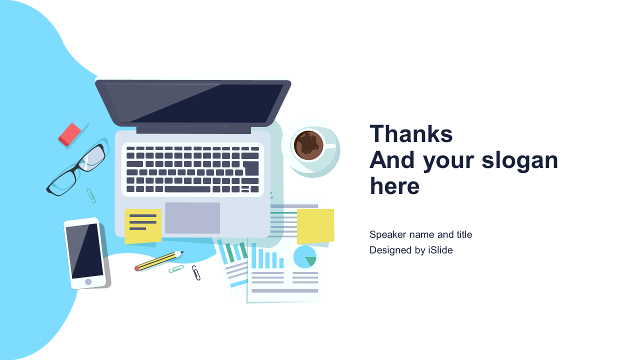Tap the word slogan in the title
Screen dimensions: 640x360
(519, 161)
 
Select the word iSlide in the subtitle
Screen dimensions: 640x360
(440, 250)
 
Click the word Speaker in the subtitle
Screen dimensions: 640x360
(387, 234)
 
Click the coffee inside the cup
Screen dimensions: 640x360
(308, 145)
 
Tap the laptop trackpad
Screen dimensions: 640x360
(192, 218)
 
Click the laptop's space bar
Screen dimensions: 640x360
(187, 189)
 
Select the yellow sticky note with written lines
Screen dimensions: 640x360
(143, 226)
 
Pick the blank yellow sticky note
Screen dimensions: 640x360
(315, 226)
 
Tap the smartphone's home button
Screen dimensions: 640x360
(88, 281)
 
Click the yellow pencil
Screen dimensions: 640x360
(159, 261)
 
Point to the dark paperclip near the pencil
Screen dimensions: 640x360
(196, 273)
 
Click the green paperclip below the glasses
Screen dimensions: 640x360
(91, 195)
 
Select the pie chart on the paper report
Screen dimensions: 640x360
(304, 257)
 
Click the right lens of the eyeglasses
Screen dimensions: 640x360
(92, 157)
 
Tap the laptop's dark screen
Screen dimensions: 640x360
(193, 103)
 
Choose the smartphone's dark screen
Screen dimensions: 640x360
(84, 251)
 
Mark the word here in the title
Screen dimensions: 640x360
(394, 186)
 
